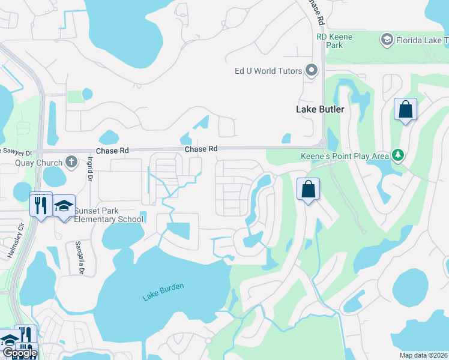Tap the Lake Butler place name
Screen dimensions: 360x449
320,109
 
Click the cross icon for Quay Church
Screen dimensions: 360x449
71,161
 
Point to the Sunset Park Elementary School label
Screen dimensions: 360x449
109,215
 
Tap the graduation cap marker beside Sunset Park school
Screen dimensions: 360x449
64,206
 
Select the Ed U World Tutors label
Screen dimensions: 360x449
268,71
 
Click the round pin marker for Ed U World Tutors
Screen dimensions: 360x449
312,71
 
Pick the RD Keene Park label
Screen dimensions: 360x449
334,41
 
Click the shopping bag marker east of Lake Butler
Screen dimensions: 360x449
405,110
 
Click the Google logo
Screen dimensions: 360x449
19,353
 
